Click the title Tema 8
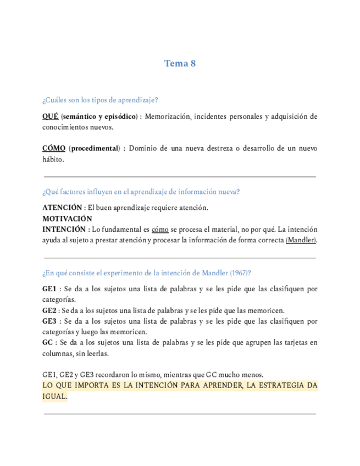pyautogui.click(x=180, y=63)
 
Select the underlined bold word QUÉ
pyautogui.click(x=50, y=116)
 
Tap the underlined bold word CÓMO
pyautogui.click(x=54, y=148)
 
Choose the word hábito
pyautogui.click(x=53, y=159)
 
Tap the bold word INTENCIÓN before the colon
pyautogui.click(x=64, y=229)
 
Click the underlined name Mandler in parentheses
pyautogui.click(x=301, y=240)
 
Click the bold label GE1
pyautogui.click(x=49, y=289)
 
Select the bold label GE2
pyautogui.click(x=49, y=310)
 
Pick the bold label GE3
pyautogui.click(x=49, y=321)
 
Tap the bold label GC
pyautogui.click(x=48, y=343)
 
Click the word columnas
pyautogui.click(x=58, y=353)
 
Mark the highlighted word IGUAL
pyautogui.click(x=54, y=397)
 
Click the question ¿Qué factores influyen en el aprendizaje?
pyautogui.click(x=141, y=192)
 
